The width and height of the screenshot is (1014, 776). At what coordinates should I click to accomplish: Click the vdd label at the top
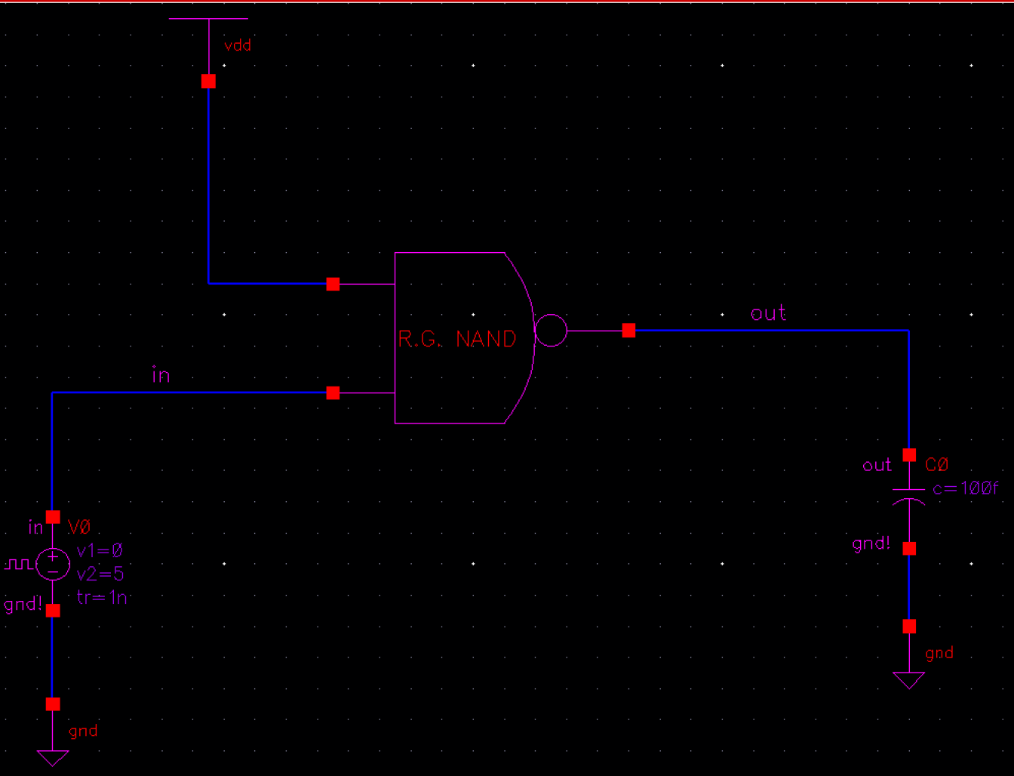tap(238, 46)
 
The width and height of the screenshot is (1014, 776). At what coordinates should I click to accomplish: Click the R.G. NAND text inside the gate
tap(457, 339)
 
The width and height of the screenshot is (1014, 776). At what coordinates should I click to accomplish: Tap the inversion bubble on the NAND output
tap(551, 331)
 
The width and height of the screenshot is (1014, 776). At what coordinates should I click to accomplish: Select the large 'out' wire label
tap(768, 313)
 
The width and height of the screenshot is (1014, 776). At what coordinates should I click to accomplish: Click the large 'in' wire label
tap(161, 375)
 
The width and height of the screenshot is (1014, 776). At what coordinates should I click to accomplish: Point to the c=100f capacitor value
tap(965, 488)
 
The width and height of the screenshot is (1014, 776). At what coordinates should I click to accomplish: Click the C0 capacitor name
tap(936, 465)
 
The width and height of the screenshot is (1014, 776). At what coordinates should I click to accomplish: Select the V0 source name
tap(79, 527)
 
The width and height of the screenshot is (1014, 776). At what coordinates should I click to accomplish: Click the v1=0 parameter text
tap(100, 550)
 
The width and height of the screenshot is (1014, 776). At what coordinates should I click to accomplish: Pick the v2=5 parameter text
tap(100, 574)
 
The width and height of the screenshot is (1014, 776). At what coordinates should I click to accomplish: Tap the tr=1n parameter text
tap(102, 597)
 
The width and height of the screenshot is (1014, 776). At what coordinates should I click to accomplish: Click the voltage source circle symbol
tap(53, 564)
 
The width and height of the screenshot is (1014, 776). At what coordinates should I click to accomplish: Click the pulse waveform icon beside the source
tap(18, 564)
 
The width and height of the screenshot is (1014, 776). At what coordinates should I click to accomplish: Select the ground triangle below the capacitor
tap(909, 680)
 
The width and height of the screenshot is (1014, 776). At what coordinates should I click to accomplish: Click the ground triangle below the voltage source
tap(53, 757)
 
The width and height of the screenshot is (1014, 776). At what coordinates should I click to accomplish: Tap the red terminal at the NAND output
tap(628, 331)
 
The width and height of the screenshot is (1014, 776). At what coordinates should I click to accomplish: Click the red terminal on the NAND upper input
tap(333, 284)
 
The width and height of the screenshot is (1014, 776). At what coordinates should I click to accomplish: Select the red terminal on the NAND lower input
tap(333, 393)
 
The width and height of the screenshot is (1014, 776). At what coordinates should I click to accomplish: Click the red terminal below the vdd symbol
tap(209, 82)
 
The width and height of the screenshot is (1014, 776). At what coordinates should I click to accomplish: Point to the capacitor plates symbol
tap(909, 495)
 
